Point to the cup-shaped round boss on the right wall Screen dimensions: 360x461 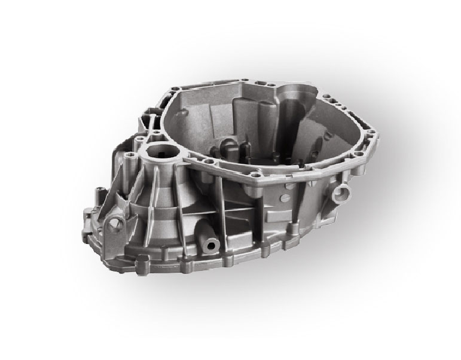point(342,193)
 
